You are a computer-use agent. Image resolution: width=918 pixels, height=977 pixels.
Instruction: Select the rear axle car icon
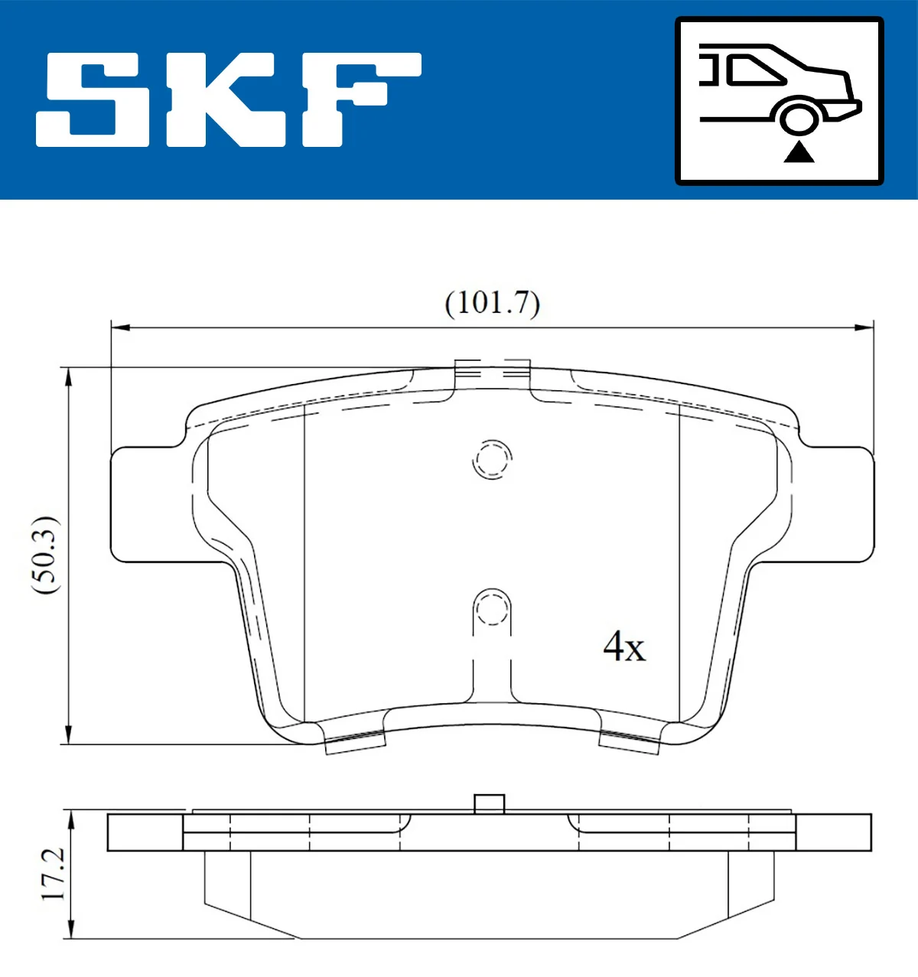pyautogui.click(x=779, y=101)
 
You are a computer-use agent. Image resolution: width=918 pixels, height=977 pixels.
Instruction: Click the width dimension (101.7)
pyautogui.click(x=492, y=303)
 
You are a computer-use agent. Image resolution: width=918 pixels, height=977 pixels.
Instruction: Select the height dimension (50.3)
pyautogui.click(x=45, y=555)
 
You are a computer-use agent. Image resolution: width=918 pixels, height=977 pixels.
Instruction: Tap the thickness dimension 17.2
pyautogui.click(x=54, y=874)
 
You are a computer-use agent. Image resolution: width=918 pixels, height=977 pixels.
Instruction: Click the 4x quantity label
pyautogui.click(x=624, y=647)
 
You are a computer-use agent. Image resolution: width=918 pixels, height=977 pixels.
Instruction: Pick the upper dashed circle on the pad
pyautogui.click(x=491, y=460)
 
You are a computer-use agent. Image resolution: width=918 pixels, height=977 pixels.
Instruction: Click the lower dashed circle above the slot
pyautogui.click(x=492, y=609)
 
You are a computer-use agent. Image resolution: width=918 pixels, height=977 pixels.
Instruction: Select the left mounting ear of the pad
pyautogui.click(x=149, y=505)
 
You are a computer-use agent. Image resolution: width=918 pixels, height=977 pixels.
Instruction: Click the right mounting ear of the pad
pyautogui.click(x=834, y=505)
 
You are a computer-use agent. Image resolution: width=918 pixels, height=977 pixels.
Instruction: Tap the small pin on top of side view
pyautogui.click(x=490, y=804)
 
